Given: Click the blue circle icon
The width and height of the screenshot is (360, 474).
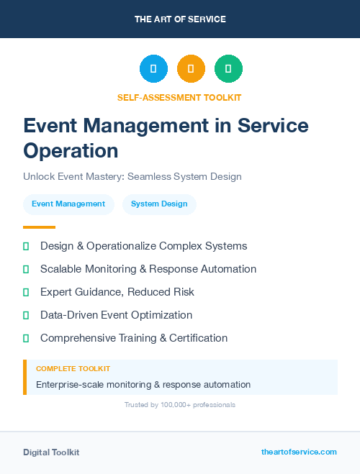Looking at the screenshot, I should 153,68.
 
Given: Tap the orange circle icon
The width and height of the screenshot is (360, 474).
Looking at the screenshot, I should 191,68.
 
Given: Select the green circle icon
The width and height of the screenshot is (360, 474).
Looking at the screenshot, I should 228,68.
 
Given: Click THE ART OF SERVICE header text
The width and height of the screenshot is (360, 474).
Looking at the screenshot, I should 180,19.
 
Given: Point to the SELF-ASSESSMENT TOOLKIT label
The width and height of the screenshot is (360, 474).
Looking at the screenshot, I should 179,97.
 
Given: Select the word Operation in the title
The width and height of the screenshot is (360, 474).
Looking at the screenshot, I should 71,150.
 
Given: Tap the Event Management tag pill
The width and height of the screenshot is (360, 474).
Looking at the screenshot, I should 68,204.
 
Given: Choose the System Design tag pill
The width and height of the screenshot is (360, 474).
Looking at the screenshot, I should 159,204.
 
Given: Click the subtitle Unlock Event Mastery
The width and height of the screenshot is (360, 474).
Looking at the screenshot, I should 132,176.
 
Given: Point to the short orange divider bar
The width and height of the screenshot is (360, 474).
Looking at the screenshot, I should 39,227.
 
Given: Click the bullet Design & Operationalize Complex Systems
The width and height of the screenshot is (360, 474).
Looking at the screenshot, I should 143,246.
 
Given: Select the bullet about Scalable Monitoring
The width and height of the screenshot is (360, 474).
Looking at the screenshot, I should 148,269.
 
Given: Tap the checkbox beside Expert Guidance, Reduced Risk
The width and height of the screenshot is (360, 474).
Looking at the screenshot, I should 26,292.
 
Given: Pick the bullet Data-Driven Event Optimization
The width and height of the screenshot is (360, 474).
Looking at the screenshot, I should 116,315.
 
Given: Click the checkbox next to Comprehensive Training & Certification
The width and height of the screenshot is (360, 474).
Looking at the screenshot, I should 26,338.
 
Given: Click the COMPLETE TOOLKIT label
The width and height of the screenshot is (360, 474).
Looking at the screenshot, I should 73,369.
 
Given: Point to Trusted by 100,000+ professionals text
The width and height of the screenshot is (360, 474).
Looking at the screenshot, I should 180,405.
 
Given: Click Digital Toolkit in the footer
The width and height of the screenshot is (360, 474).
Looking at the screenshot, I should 51,452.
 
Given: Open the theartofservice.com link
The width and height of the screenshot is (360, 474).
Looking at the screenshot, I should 299,452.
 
